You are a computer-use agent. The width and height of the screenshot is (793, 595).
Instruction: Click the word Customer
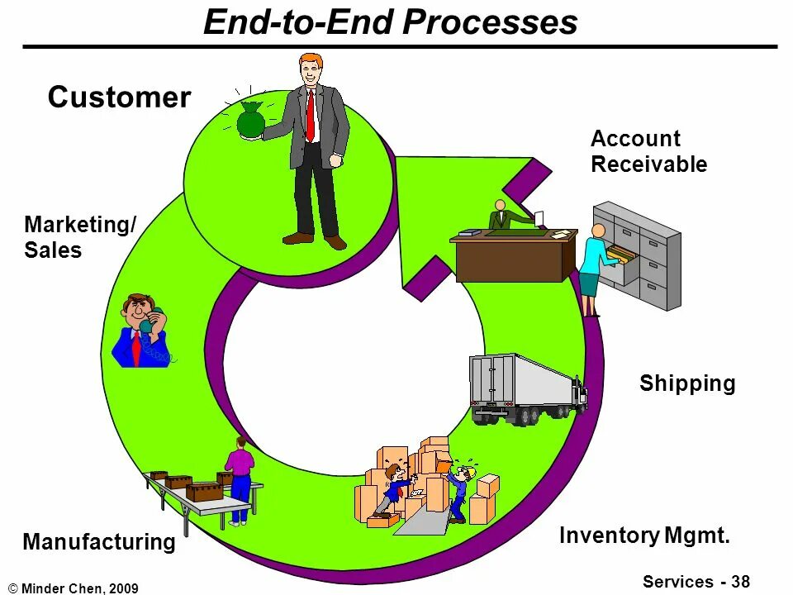119,98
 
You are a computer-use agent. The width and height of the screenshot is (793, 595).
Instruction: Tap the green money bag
250,121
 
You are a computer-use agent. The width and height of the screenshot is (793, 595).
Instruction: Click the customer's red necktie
311,115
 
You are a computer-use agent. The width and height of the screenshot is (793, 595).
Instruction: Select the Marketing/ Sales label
80,237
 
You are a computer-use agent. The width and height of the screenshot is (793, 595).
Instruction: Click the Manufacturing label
99,542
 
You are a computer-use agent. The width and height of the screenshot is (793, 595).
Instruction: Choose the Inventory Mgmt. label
645,535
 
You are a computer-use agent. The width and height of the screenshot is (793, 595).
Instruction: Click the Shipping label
687,383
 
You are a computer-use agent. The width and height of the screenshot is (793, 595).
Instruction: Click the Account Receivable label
648,151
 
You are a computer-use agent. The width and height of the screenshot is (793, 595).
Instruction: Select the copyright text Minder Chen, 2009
79,588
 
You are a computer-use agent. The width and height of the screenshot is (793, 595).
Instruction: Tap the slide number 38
740,581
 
